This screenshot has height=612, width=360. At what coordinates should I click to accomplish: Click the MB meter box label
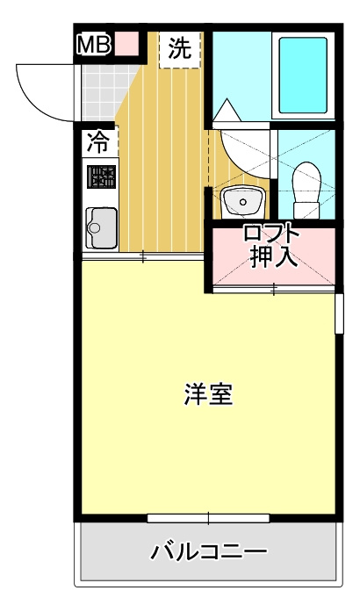tap(93, 45)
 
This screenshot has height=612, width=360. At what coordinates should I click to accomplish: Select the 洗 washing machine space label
tap(180, 48)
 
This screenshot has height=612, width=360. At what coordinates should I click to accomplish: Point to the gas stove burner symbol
tap(101, 176)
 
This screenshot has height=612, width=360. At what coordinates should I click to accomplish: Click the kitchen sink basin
tap(101, 228)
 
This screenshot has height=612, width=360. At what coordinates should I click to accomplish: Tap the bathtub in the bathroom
tap(304, 76)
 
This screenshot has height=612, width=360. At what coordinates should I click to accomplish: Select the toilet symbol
tap(307, 190)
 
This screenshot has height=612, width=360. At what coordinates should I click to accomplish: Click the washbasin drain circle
tap(243, 202)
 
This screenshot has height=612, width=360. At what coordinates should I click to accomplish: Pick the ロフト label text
tap(271, 234)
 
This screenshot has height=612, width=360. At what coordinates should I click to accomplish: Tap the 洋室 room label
tap(208, 394)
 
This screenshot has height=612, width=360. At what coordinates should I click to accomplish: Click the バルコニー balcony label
tap(209, 552)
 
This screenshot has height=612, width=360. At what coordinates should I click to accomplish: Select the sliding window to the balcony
tap(208, 518)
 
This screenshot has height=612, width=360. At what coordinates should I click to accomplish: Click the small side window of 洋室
tap(339, 313)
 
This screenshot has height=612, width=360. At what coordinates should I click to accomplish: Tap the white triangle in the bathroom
tap(227, 111)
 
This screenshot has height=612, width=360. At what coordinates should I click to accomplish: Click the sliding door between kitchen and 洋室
tap(142, 256)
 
